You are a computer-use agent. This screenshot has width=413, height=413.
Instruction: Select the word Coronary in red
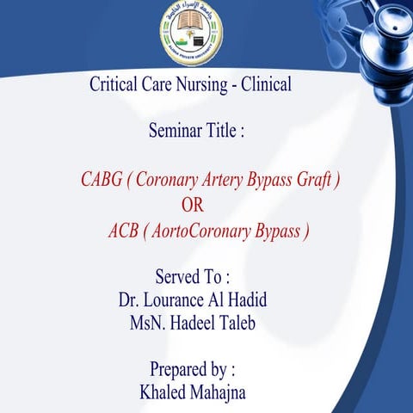[168, 180]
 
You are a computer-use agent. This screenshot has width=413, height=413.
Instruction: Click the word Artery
[225, 180]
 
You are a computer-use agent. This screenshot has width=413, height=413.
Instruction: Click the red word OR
[194, 205]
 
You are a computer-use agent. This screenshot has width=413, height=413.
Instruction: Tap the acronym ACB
[124, 231]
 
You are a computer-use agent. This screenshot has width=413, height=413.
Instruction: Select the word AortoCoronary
[200, 231]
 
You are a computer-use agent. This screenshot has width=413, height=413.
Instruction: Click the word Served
[175, 277]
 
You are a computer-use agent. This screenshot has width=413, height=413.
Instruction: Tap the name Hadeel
[200, 325]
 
